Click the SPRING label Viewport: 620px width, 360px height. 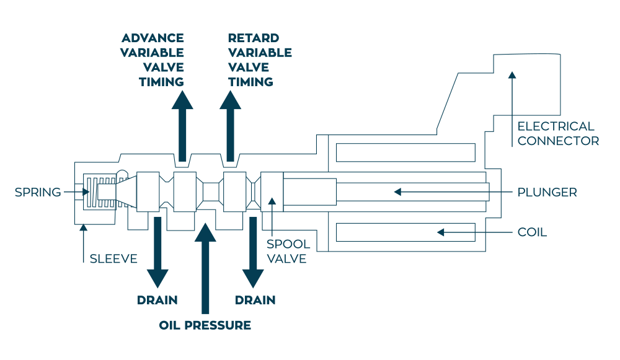point(38,192)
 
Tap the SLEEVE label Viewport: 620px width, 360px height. point(113,258)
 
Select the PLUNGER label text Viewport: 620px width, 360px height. point(547,192)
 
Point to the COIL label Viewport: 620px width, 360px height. point(532,232)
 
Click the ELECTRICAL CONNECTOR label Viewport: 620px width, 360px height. point(557,133)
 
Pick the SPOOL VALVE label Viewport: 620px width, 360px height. point(288,251)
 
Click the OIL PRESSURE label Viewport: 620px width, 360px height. point(205,325)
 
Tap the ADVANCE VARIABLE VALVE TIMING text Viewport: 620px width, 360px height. point(153,60)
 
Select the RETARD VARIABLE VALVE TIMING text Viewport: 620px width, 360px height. point(259,60)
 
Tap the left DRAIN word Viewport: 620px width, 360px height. point(157,301)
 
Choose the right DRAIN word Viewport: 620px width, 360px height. point(255,301)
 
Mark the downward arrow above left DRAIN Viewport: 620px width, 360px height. point(157,251)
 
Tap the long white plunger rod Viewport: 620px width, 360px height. point(412,192)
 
